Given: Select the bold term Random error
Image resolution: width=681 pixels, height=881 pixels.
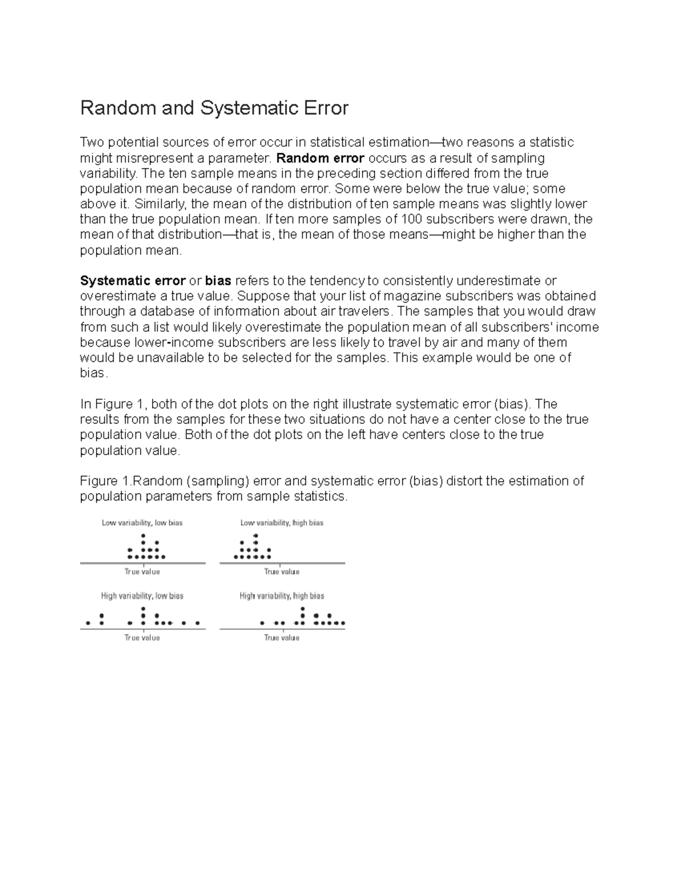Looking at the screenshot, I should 320,158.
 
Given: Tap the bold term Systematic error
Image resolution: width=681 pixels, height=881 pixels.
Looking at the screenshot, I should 133,281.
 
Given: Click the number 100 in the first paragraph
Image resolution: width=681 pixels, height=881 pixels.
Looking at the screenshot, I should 411,220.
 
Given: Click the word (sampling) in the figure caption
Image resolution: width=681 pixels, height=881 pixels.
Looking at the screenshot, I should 217,481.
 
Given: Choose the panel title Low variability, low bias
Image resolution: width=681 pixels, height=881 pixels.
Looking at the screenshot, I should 142,522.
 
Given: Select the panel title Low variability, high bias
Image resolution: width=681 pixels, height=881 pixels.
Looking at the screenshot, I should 281,522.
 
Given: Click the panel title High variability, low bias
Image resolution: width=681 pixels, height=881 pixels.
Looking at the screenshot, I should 142,596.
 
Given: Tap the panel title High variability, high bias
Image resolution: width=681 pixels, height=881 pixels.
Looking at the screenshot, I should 281,596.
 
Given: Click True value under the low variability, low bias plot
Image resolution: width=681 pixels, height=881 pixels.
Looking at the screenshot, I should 142,572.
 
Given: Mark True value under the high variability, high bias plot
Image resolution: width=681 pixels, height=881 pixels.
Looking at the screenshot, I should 281,638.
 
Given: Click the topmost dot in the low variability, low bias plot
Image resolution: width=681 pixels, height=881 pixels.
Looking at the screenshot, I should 143,536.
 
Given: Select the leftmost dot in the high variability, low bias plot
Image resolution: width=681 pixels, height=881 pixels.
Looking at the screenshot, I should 88,623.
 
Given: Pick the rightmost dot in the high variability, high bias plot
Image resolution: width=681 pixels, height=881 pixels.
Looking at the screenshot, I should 343,623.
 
